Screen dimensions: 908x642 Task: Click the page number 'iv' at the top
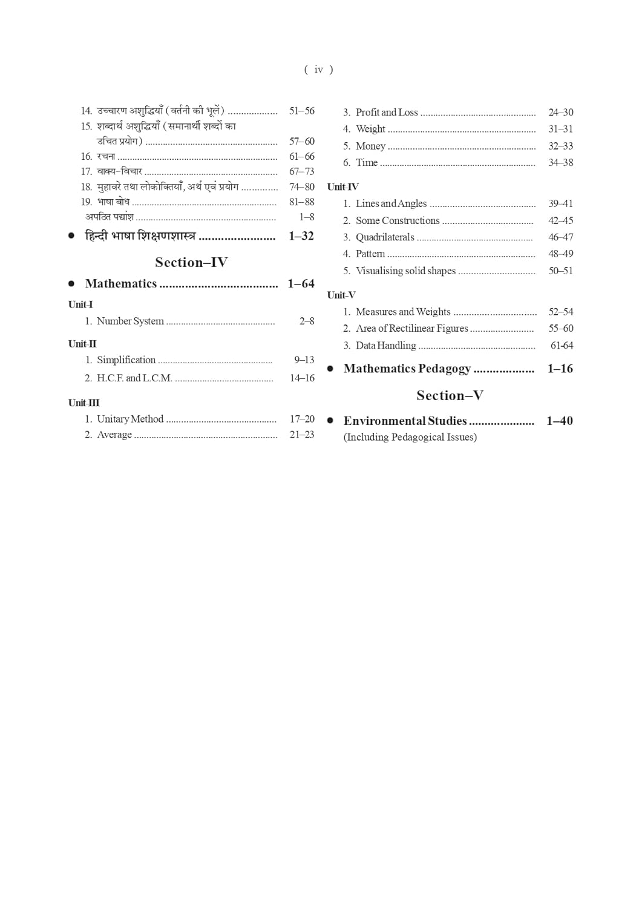318,70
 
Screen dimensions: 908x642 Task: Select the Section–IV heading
191,262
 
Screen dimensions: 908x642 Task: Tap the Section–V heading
450,395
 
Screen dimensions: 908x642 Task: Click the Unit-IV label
342,187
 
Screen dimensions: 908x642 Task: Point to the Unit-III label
84,403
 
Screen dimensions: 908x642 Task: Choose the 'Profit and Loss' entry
387,112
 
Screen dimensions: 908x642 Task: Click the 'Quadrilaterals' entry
385,237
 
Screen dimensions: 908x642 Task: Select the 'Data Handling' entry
385,345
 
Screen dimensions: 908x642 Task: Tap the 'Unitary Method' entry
130,419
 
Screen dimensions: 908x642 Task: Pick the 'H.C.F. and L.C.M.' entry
134,378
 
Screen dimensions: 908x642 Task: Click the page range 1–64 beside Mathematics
301,283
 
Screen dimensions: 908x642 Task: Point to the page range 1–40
559,421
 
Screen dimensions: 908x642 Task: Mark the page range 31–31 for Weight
560,129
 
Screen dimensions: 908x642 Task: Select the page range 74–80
301,187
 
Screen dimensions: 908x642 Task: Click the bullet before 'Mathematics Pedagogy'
330,369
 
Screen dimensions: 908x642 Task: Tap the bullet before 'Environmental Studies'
330,421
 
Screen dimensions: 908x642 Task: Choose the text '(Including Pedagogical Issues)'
410,437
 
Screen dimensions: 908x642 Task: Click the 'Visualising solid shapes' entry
405,271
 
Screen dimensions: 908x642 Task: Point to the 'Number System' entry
130,321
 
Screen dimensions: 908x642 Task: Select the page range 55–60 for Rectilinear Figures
560,328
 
